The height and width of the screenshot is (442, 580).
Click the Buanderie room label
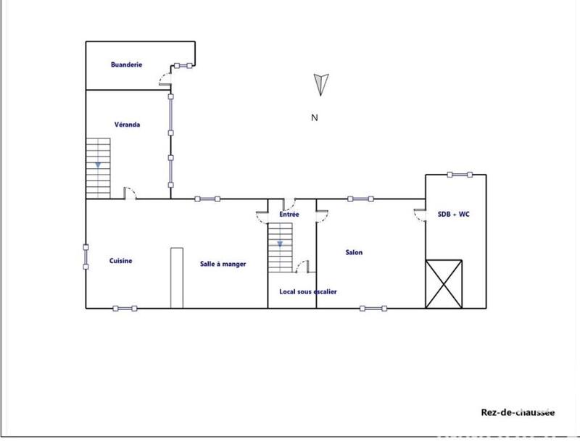[126, 65]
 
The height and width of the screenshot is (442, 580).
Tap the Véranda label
[127, 125]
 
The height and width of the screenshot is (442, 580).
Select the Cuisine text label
[120, 261]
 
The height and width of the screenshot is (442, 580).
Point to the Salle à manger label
[223, 264]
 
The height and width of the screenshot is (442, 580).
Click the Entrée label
[289, 215]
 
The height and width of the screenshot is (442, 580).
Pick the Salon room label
[354, 253]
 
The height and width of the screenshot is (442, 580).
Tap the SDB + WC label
[455, 214]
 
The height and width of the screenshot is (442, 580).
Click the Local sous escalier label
[308, 292]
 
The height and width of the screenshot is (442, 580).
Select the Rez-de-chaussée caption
[518, 412]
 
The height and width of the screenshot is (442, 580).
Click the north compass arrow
[321, 83]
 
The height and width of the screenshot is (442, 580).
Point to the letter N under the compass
[315, 117]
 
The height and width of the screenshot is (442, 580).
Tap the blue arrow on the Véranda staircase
[98, 165]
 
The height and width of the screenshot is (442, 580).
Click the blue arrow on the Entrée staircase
[279, 244]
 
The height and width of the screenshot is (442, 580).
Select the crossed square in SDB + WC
[444, 283]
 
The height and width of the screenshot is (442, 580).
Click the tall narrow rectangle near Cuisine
[176, 278]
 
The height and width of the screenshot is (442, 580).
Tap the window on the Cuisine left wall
[86, 257]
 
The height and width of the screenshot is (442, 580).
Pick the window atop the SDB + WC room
[459, 174]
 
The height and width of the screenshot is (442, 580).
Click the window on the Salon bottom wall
[373, 308]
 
